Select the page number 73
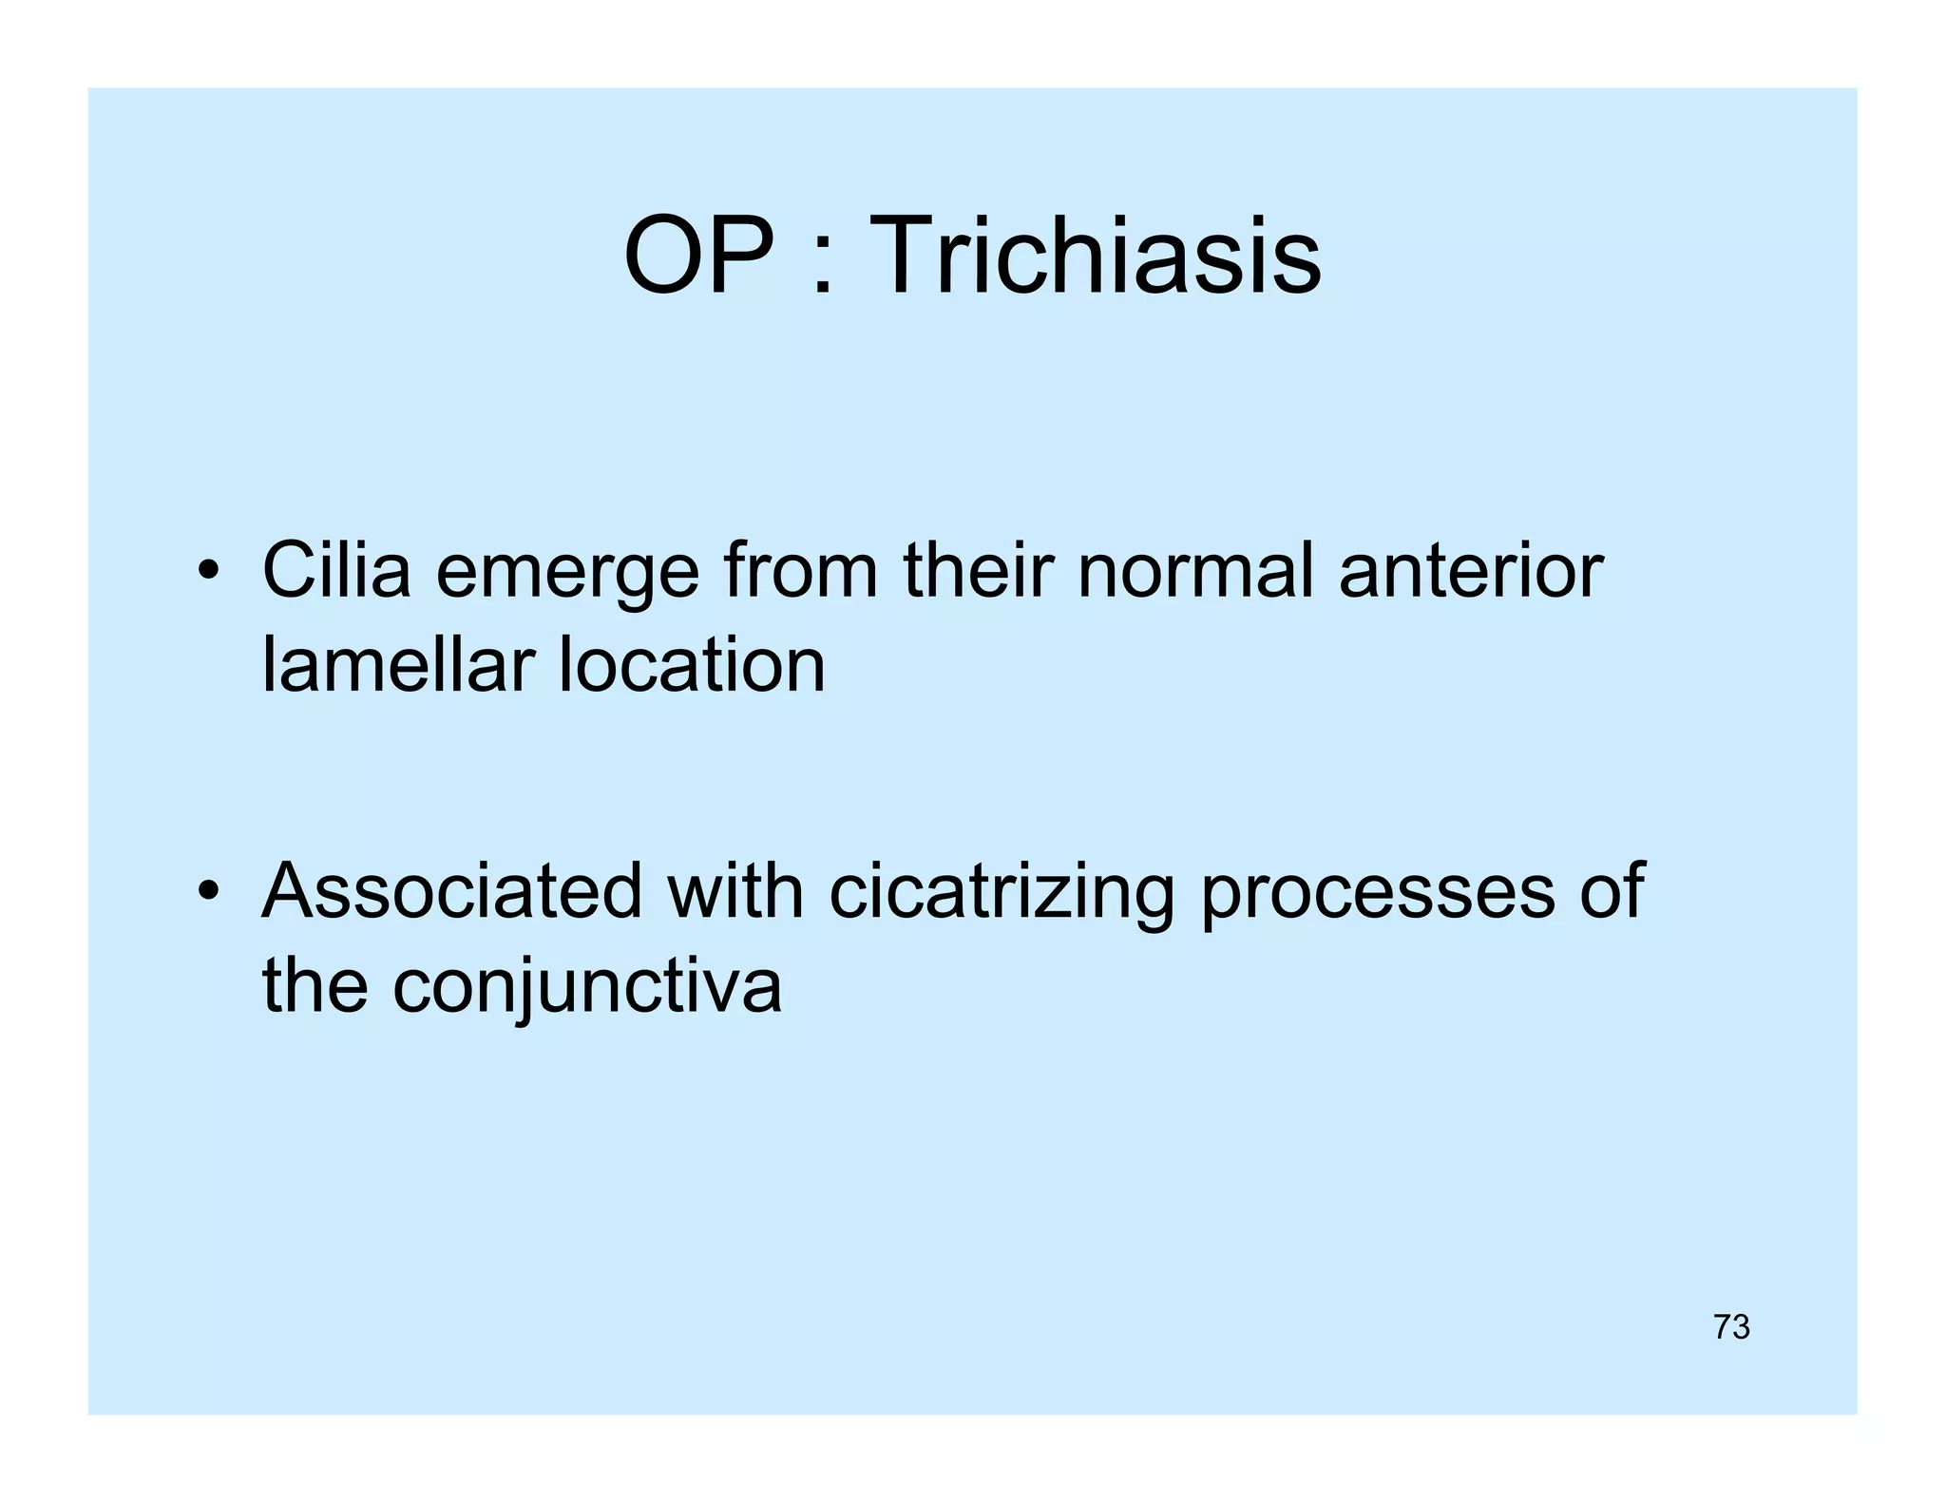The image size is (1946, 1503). (x=1731, y=1327)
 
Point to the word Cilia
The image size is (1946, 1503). (x=336, y=570)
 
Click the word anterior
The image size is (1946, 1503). (x=1471, y=570)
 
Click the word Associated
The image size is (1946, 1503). (x=452, y=891)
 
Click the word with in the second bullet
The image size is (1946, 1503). (x=735, y=891)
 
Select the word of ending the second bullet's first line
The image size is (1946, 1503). (x=1612, y=891)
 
